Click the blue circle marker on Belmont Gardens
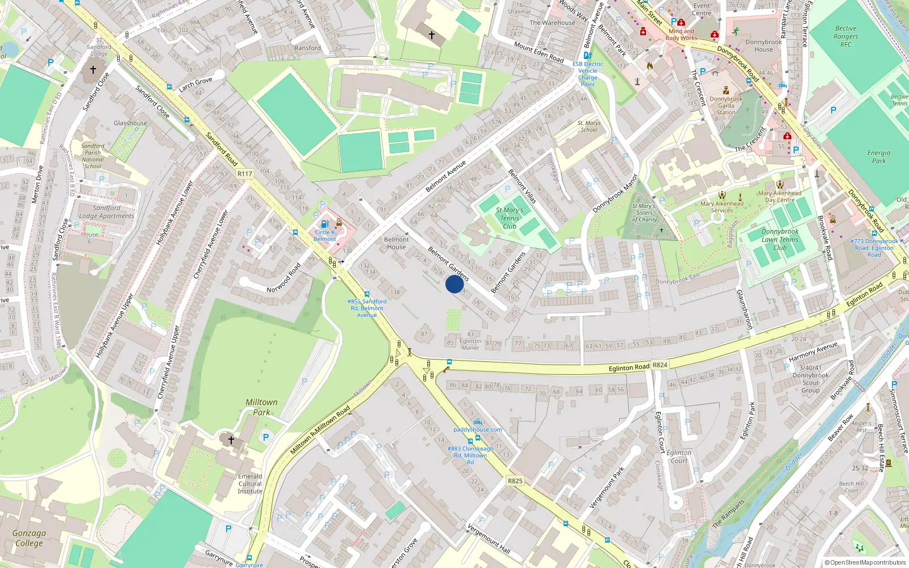click(454, 284)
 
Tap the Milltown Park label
click(261, 407)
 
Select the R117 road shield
click(245, 174)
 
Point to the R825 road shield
click(515, 481)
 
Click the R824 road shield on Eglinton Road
click(660, 365)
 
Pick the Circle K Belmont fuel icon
click(324, 224)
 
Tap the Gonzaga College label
click(29, 538)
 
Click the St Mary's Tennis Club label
click(510, 218)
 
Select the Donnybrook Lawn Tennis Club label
click(779, 239)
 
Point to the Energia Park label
click(878, 157)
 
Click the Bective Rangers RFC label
click(846, 36)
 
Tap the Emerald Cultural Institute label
click(250, 484)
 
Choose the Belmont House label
click(396, 243)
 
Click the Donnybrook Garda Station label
click(726, 106)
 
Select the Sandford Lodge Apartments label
click(107, 212)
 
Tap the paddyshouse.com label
click(477, 430)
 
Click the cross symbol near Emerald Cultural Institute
click(231, 440)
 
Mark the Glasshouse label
click(130, 123)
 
